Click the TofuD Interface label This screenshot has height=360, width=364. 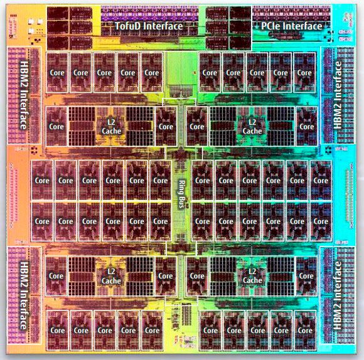tap(149, 26)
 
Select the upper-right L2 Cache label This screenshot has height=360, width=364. tap(252, 126)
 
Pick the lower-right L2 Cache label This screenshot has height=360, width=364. tap(252, 276)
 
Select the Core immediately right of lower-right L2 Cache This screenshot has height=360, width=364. tap(306, 276)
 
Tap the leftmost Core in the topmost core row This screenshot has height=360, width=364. tap(57, 73)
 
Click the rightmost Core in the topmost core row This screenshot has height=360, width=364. tap(304, 73)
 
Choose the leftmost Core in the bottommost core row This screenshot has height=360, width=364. tap(57, 331)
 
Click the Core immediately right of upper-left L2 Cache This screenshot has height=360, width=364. tap(166, 127)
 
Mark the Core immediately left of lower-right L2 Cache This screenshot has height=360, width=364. tap(196, 276)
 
